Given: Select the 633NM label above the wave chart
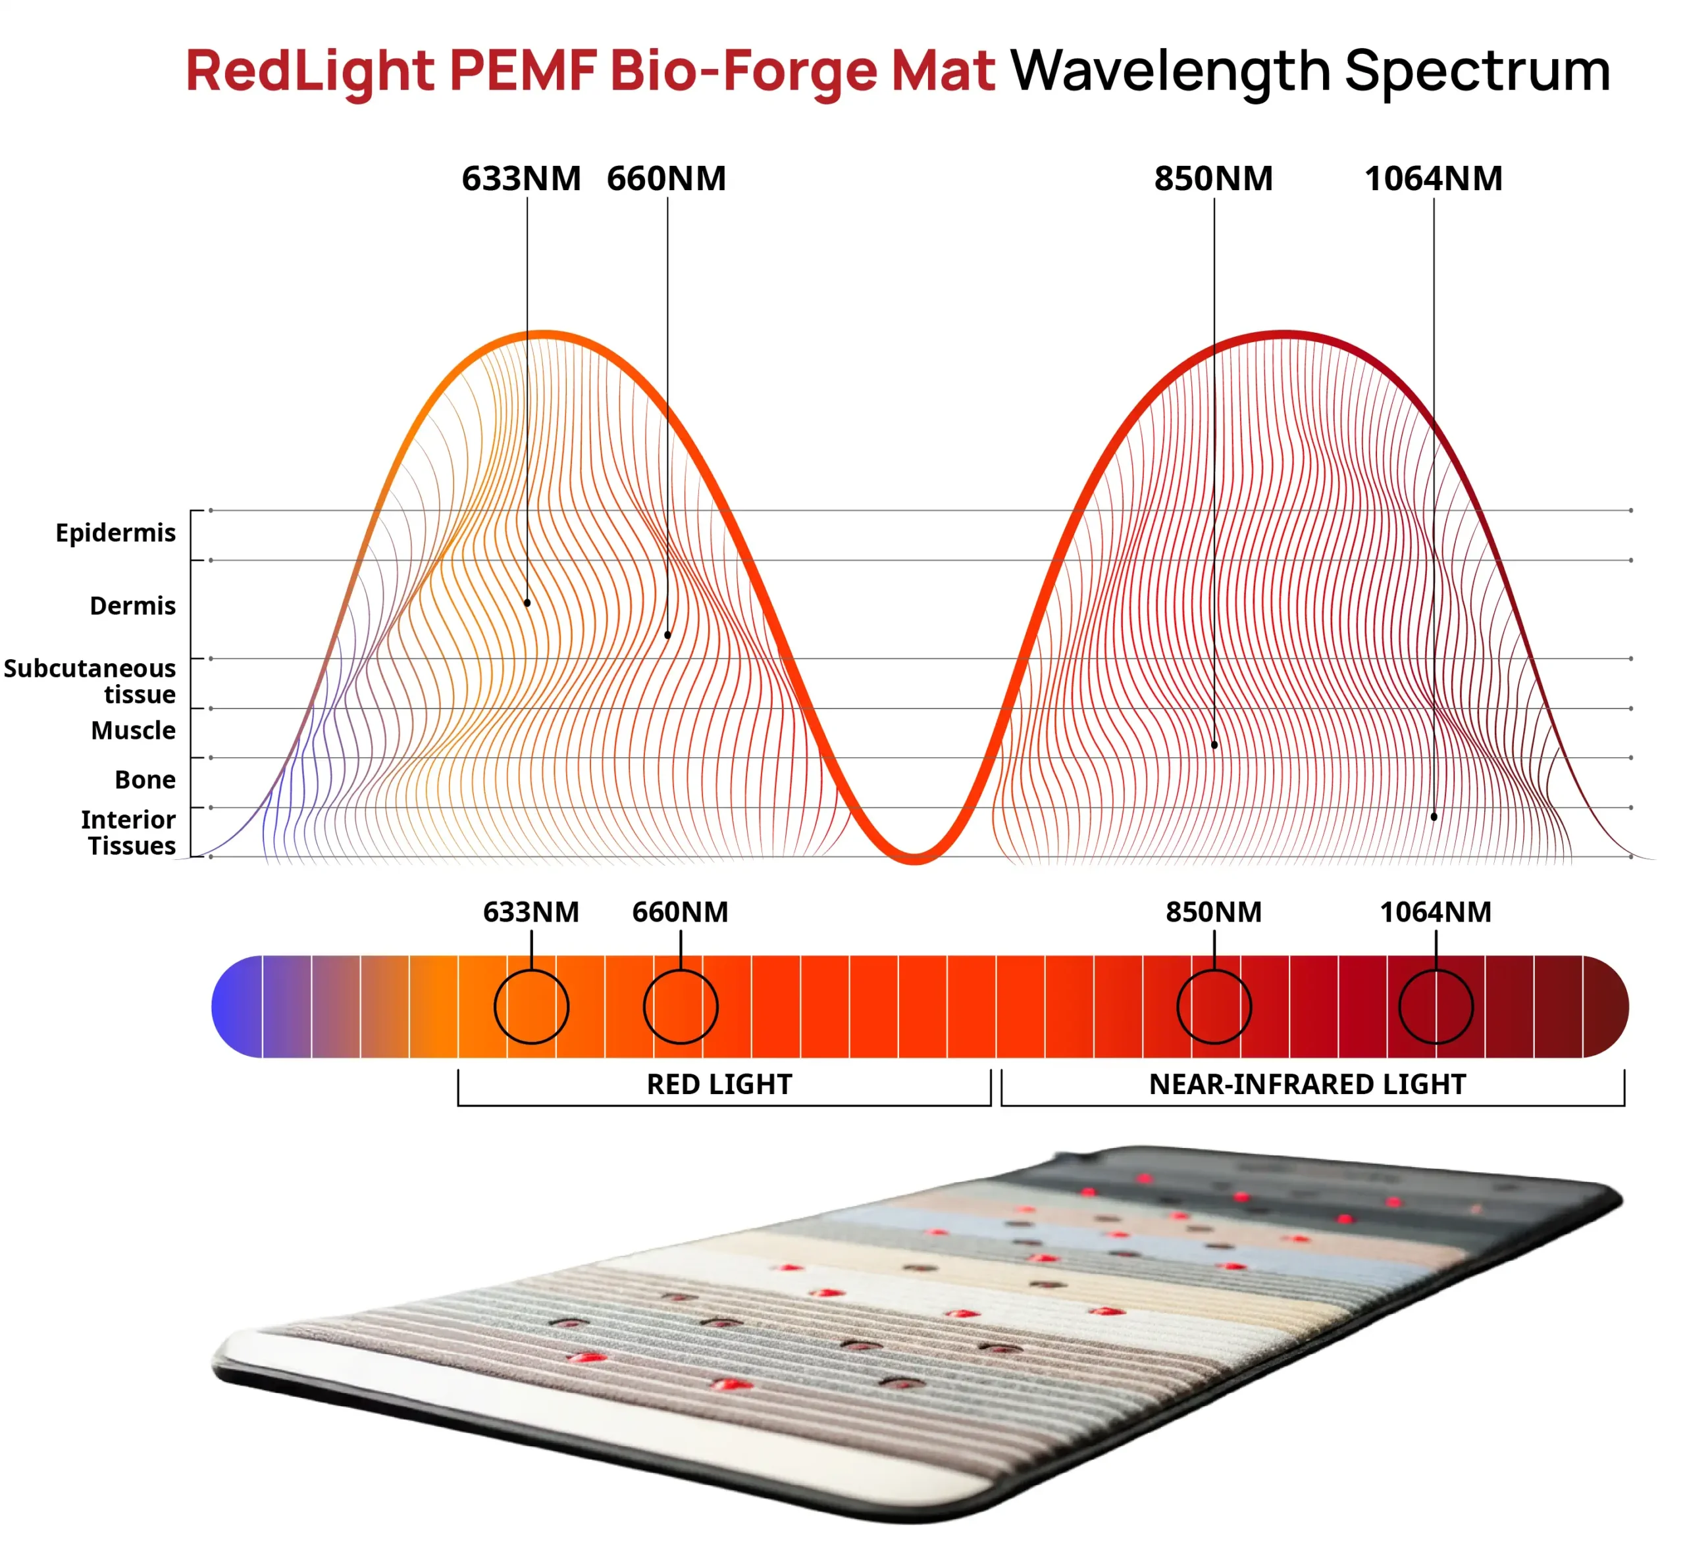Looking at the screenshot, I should click(x=521, y=179).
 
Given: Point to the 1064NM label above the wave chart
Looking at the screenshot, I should click(x=1433, y=179).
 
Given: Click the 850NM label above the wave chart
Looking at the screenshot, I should click(x=1214, y=179).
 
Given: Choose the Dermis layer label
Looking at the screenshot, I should click(x=132, y=606).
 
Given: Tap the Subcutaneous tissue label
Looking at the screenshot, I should click(x=90, y=681).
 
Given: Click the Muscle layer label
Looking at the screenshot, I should click(x=133, y=730).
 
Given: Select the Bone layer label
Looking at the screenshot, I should click(x=145, y=780).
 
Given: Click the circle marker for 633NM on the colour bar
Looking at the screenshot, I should click(x=532, y=1007).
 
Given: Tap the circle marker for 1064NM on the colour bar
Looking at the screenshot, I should click(x=1436, y=1007).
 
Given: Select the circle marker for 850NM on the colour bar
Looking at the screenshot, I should click(x=1214, y=1007).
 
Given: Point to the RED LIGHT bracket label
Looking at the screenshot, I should click(x=719, y=1084).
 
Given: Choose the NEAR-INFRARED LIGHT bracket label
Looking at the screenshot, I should click(x=1307, y=1084).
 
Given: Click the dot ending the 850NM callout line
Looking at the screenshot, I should click(x=1214, y=745).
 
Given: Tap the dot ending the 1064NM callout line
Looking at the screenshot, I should click(x=1434, y=816).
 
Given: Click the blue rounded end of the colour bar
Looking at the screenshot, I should click(x=234, y=1007).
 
